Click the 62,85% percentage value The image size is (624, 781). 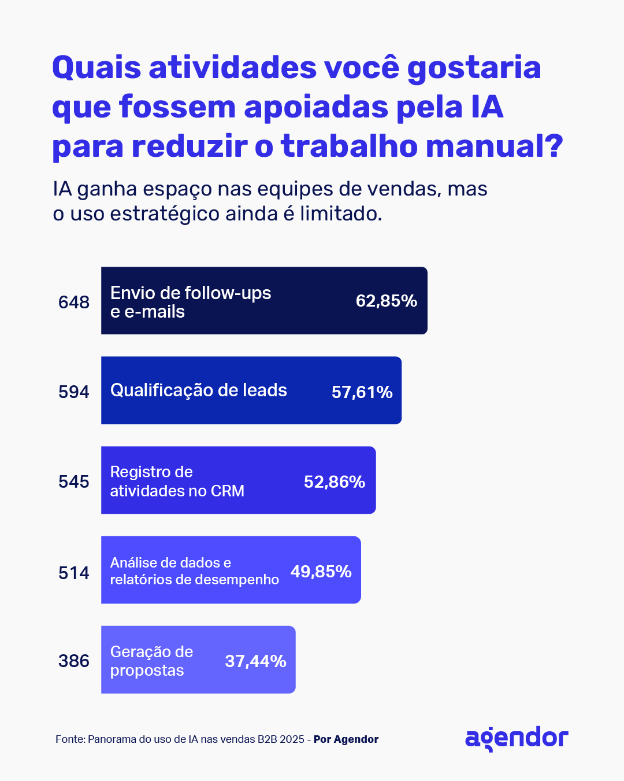coord(386,301)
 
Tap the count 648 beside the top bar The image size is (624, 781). coord(74,302)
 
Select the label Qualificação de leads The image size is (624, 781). coord(198,390)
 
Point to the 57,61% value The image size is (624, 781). coord(362,392)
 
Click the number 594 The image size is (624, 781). coord(74,392)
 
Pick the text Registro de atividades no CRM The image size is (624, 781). coord(177,481)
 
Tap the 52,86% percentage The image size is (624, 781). coord(335,482)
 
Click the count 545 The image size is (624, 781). coord(74,481)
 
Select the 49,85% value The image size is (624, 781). coord(321,572)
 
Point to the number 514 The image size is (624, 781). coord(74,573)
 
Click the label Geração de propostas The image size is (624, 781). coord(151,661)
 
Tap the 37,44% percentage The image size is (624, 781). coord(255,661)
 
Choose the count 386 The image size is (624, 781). coord(74,661)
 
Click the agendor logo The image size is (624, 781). coord(517,739)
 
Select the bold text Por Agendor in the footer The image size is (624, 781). coord(346,739)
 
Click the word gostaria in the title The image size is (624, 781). coord(474,68)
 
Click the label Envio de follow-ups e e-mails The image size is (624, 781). coord(190,302)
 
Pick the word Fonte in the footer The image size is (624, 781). coord(70,739)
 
